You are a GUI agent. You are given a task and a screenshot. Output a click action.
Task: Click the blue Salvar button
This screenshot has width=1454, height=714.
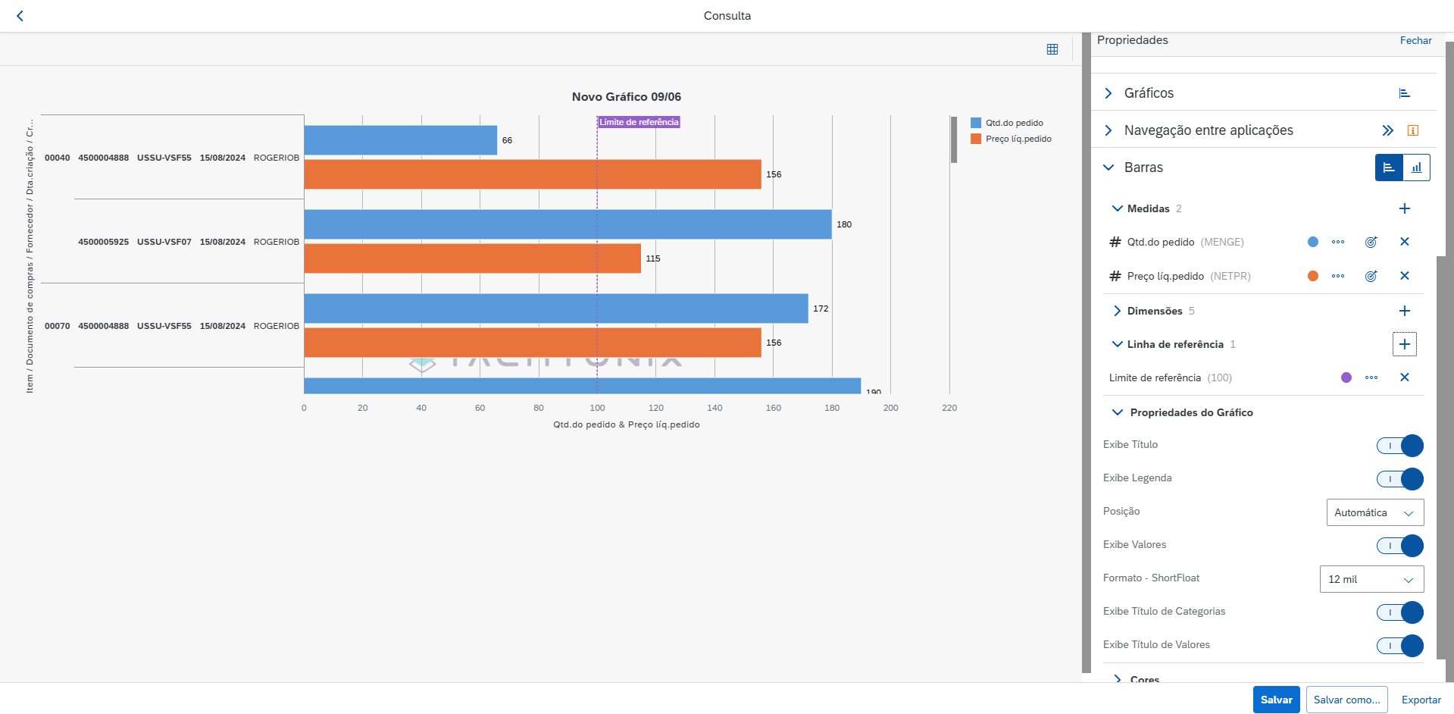coord(1276,700)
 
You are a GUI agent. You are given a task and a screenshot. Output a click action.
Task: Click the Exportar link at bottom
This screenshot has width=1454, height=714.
coord(1421,700)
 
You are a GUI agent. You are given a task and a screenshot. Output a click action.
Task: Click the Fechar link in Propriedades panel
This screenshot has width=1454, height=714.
coord(1415,40)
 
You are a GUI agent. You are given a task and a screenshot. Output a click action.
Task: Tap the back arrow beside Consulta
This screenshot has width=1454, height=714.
coord(20,16)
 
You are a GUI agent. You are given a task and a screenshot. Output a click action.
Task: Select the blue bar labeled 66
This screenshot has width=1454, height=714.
coord(400,140)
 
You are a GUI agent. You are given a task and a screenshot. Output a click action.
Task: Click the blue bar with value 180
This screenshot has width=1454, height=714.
coord(567,224)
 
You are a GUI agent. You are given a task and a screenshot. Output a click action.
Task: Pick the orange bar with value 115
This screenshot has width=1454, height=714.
coord(472,258)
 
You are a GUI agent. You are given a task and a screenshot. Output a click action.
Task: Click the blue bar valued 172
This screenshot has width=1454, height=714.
coord(555,308)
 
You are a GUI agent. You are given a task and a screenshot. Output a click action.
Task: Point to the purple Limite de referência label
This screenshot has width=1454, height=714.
coord(639,122)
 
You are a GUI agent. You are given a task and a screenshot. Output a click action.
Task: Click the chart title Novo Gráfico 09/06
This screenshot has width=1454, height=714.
coord(626,97)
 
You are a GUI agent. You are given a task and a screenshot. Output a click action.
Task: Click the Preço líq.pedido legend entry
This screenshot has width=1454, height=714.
coord(1018,139)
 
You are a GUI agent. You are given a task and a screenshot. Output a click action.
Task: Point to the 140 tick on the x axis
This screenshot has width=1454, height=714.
coord(714,408)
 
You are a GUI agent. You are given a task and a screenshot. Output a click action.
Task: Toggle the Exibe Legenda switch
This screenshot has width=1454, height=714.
coord(1399,479)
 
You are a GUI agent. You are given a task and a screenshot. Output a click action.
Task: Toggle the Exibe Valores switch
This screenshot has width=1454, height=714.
coord(1399,546)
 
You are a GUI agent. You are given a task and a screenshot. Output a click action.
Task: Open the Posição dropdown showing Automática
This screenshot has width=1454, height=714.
coord(1374,512)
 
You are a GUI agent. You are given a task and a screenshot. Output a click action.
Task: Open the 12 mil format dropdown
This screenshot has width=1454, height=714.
coord(1371,579)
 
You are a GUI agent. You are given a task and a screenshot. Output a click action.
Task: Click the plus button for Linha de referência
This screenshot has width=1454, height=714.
coord(1404,344)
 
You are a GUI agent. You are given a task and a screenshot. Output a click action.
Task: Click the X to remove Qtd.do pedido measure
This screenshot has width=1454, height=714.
coord(1404,242)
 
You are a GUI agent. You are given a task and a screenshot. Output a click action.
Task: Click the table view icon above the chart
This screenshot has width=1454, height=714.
coord(1052,49)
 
